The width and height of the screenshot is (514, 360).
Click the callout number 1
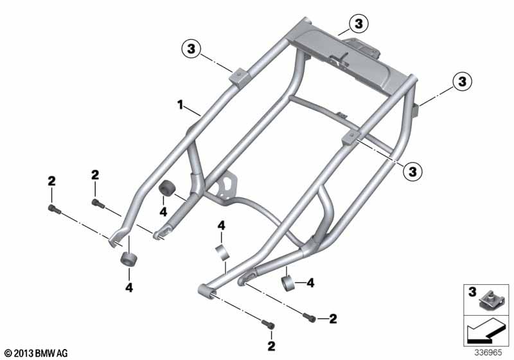click(x=180, y=105)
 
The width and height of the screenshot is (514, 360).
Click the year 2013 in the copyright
click(x=24, y=354)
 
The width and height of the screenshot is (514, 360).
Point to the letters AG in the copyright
click(x=62, y=354)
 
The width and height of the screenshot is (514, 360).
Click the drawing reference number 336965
click(x=488, y=353)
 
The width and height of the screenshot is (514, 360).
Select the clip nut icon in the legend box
click(x=488, y=300)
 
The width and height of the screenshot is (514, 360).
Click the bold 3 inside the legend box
click(x=472, y=292)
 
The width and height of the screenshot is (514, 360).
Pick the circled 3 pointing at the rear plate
click(x=359, y=24)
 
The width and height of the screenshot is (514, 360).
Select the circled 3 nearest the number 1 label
click(x=191, y=50)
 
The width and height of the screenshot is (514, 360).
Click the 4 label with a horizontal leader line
click(x=310, y=283)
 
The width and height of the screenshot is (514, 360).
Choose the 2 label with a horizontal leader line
click(x=333, y=319)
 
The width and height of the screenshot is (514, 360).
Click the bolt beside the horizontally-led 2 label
click(x=309, y=317)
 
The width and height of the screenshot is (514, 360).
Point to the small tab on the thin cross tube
click(x=342, y=115)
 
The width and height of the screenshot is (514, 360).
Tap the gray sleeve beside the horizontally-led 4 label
click(x=288, y=283)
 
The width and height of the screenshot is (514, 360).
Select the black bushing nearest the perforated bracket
click(x=168, y=188)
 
